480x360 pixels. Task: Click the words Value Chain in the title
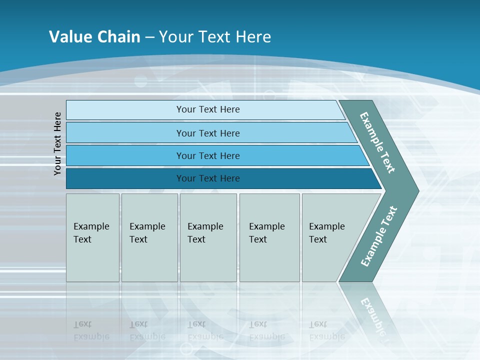coord(94,36)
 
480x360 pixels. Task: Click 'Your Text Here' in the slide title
coord(215,36)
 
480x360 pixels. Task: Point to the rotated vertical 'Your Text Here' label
coord(57,143)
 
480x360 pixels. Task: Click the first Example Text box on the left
coord(92,237)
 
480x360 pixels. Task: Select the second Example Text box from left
coord(149,237)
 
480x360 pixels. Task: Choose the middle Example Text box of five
coord(208,237)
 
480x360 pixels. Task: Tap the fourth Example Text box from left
coord(269,237)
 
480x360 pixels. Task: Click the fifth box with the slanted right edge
coord(330,237)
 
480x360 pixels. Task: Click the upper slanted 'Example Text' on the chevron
coord(377,142)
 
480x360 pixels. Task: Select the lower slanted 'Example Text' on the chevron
coord(378,236)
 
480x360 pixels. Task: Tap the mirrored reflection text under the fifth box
coord(327,330)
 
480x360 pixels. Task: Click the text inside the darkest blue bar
coord(208,178)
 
